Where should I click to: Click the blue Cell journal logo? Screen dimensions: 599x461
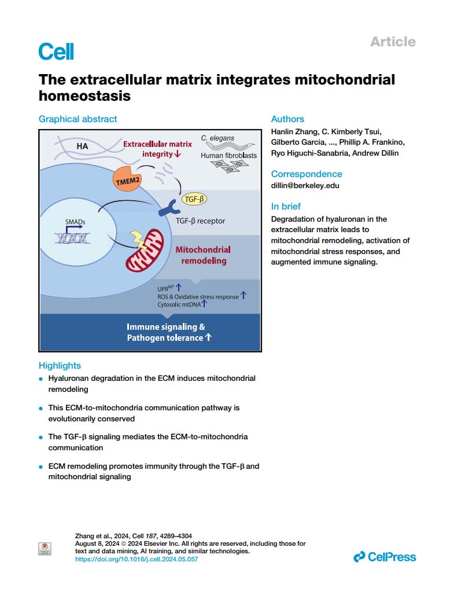[56, 52]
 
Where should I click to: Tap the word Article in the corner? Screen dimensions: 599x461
[393, 42]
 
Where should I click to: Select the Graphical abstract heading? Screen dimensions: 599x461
[78, 119]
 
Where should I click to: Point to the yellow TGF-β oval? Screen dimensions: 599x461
[194, 199]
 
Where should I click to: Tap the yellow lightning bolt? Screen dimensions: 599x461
[139, 236]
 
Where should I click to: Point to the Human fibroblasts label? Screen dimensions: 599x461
[228, 155]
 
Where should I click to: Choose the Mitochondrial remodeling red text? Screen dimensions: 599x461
[202, 255]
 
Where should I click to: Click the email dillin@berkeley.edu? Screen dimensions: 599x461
[305, 186]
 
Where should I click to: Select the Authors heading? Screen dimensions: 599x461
[287, 119]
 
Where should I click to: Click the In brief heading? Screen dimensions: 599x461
[286, 207]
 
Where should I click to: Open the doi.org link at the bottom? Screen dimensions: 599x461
[141, 559]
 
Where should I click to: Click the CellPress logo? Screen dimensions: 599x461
[384, 557]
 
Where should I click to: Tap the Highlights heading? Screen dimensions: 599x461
[60, 365]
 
